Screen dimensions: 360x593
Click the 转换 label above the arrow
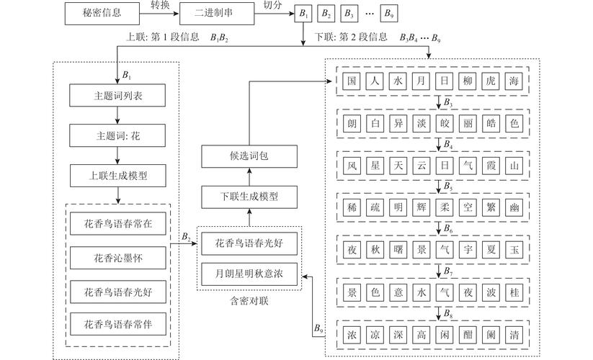click(x=161, y=6)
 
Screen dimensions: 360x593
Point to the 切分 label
click(x=272, y=6)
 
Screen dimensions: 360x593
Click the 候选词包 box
click(x=249, y=155)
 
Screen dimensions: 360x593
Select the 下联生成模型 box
click(x=249, y=195)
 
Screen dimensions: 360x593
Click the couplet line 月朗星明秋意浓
click(x=249, y=274)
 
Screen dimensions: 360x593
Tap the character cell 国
click(x=352, y=81)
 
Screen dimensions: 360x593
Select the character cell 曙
click(x=398, y=251)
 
